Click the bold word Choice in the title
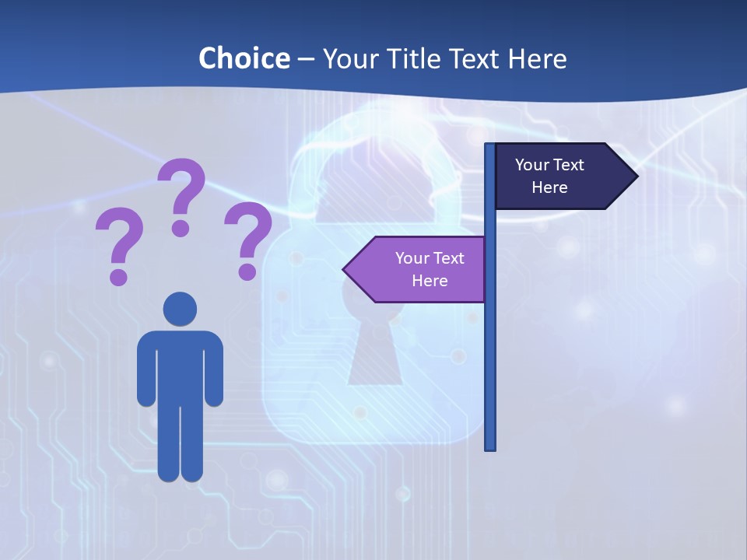point(244,58)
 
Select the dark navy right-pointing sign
point(560,176)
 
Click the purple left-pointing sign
point(420,269)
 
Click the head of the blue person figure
point(180,309)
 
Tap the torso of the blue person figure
point(180,366)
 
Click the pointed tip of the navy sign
point(635,176)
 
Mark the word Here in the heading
point(537,58)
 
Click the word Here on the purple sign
point(430,281)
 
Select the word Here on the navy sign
point(549,187)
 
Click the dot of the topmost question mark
point(181,228)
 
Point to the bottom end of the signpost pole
point(489,446)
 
